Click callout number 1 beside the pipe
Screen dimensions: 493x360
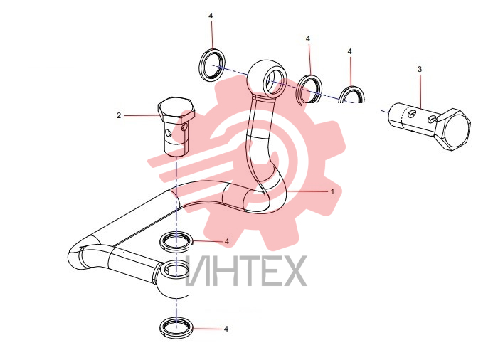pyautogui.click(x=332, y=191)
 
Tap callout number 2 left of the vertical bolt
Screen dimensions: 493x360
pyautogui.click(x=119, y=116)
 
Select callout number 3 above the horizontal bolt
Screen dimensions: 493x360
pyautogui.click(x=420, y=69)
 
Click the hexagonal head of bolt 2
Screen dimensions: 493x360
pyautogui.click(x=176, y=110)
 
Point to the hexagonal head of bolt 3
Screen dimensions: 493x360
pyautogui.click(x=452, y=129)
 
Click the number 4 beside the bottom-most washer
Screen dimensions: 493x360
pyautogui.click(x=226, y=329)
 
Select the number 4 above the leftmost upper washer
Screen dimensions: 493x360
pyautogui.click(x=211, y=16)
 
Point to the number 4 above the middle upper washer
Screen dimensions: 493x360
pyautogui.click(x=308, y=38)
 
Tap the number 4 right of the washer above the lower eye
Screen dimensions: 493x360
pyautogui.click(x=227, y=241)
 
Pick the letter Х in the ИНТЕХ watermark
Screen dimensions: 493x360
pyautogui.click(x=293, y=270)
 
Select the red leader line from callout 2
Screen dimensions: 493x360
pyautogui.click(x=143, y=116)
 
